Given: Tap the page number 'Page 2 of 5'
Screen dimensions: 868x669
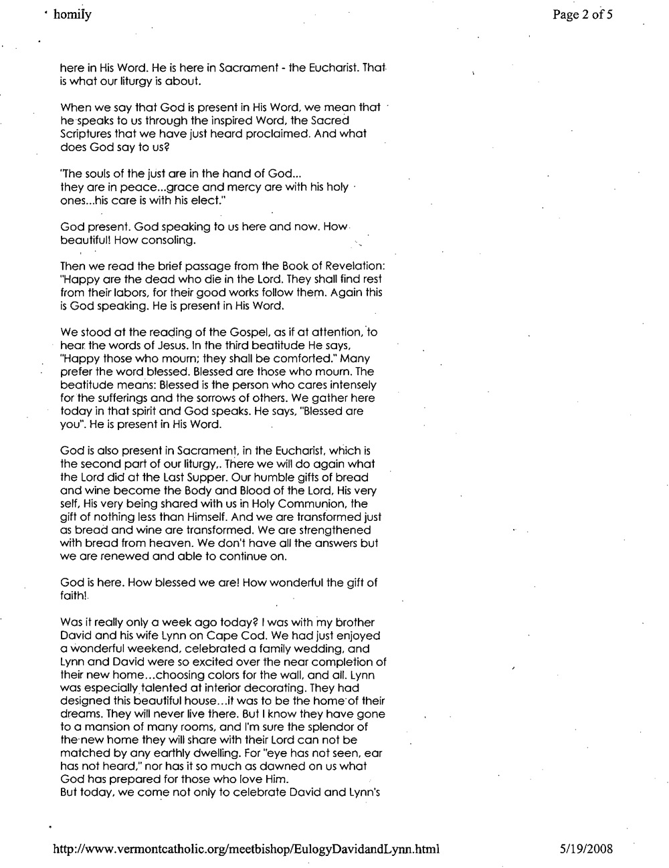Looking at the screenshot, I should [582, 15].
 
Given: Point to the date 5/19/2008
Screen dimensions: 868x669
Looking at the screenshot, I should [586, 849].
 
